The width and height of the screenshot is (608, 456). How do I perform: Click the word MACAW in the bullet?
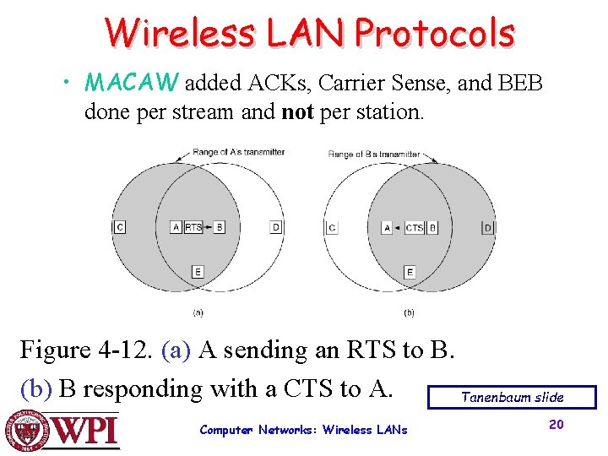pyautogui.click(x=132, y=83)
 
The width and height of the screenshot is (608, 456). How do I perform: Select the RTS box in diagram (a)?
pyautogui.click(x=193, y=227)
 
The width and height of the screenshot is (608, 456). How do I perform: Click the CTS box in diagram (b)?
pyautogui.click(x=414, y=227)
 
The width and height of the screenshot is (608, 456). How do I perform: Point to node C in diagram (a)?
pyautogui.click(x=119, y=227)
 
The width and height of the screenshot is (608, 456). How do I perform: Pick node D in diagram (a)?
pyautogui.click(x=276, y=227)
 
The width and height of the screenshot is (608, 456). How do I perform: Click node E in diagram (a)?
pyautogui.click(x=198, y=272)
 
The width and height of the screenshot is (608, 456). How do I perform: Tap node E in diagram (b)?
pyautogui.click(x=410, y=272)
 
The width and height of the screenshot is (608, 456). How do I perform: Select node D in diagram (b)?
pyautogui.click(x=487, y=227)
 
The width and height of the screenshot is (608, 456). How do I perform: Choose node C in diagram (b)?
pyautogui.click(x=332, y=227)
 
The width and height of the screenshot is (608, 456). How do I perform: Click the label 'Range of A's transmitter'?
pyautogui.click(x=239, y=152)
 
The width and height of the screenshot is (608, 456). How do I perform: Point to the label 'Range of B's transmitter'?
pyautogui.click(x=373, y=154)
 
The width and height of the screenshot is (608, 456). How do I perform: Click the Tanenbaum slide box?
pyautogui.click(x=512, y=397)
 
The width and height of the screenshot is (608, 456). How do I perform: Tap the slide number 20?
pyautogui.click(x=556, y=424)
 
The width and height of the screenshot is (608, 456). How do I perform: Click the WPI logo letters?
pyautogui.click(x=87, y=432)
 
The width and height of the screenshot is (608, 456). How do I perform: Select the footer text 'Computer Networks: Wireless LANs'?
pyautogui.click(x=303, y=430)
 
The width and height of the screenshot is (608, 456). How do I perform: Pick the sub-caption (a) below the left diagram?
pyautogui.click(x=198, y=312)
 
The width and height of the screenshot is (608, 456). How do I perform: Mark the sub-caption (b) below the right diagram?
pyautogui.click(x=409, y=312)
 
